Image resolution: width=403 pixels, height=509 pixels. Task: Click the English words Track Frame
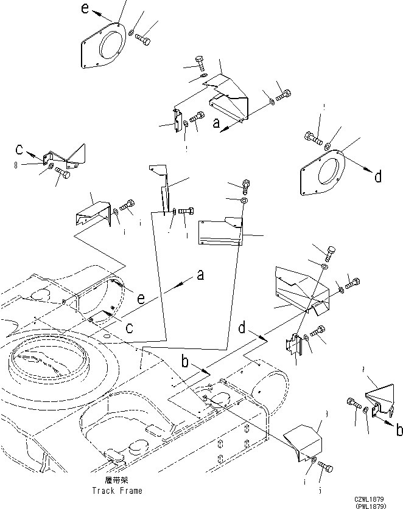coord(117,490)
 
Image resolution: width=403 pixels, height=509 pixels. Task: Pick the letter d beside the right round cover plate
coord(378,177)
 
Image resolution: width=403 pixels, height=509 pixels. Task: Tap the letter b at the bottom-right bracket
coord(399,430)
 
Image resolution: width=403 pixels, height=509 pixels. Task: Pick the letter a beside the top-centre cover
coord(216,123)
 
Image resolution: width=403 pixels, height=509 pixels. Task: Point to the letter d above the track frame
coord(243,329)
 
